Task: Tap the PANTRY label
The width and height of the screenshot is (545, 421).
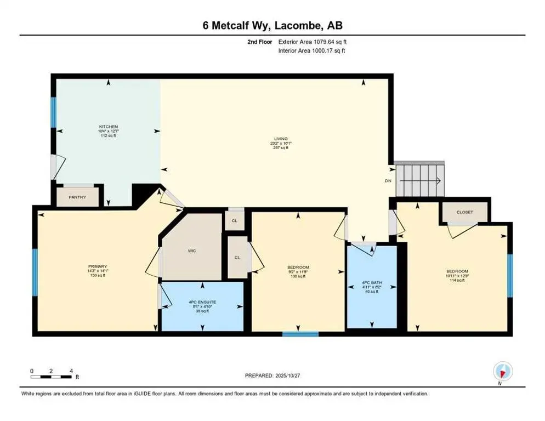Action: [77, 197]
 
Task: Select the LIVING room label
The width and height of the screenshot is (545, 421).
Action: [280, 139]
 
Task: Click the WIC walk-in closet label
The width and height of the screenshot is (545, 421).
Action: [192, 251]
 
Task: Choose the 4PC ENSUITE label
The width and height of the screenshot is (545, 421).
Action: [202, 301]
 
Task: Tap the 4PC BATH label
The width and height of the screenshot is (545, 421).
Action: [371, 283]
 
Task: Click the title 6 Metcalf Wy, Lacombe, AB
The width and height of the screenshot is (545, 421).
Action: [272, 25]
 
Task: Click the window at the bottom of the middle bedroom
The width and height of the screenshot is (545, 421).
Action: [300, 333]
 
